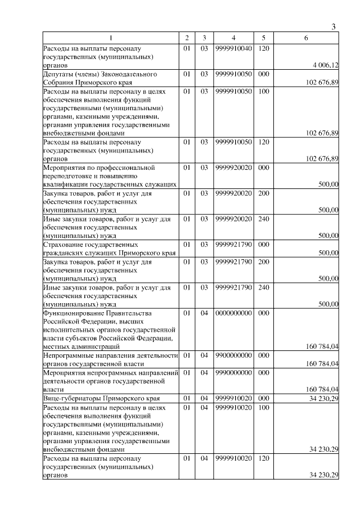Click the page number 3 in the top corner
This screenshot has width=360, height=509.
tap(334, 27)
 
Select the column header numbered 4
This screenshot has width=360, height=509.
tap(233, 38)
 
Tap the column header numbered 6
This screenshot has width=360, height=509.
tap(306, 38)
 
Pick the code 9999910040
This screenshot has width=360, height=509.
tap(233, 48)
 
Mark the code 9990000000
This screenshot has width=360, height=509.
tap(233, 372)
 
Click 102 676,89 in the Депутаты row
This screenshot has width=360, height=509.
tap(322, 83)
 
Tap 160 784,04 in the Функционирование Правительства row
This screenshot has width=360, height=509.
tap(322, 347)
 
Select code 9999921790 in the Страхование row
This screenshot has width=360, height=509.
tap(233, 245)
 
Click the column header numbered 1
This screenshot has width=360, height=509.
tap(110, 38)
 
